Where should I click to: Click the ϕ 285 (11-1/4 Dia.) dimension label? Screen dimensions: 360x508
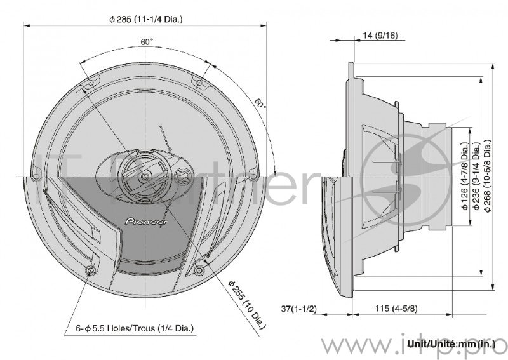point(145,20)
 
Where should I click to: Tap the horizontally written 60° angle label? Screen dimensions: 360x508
point(147,42)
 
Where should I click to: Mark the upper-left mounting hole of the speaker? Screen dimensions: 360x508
point(90,83)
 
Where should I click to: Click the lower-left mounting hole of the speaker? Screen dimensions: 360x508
point(91,271)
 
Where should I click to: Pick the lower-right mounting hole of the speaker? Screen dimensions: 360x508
point(199,271)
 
